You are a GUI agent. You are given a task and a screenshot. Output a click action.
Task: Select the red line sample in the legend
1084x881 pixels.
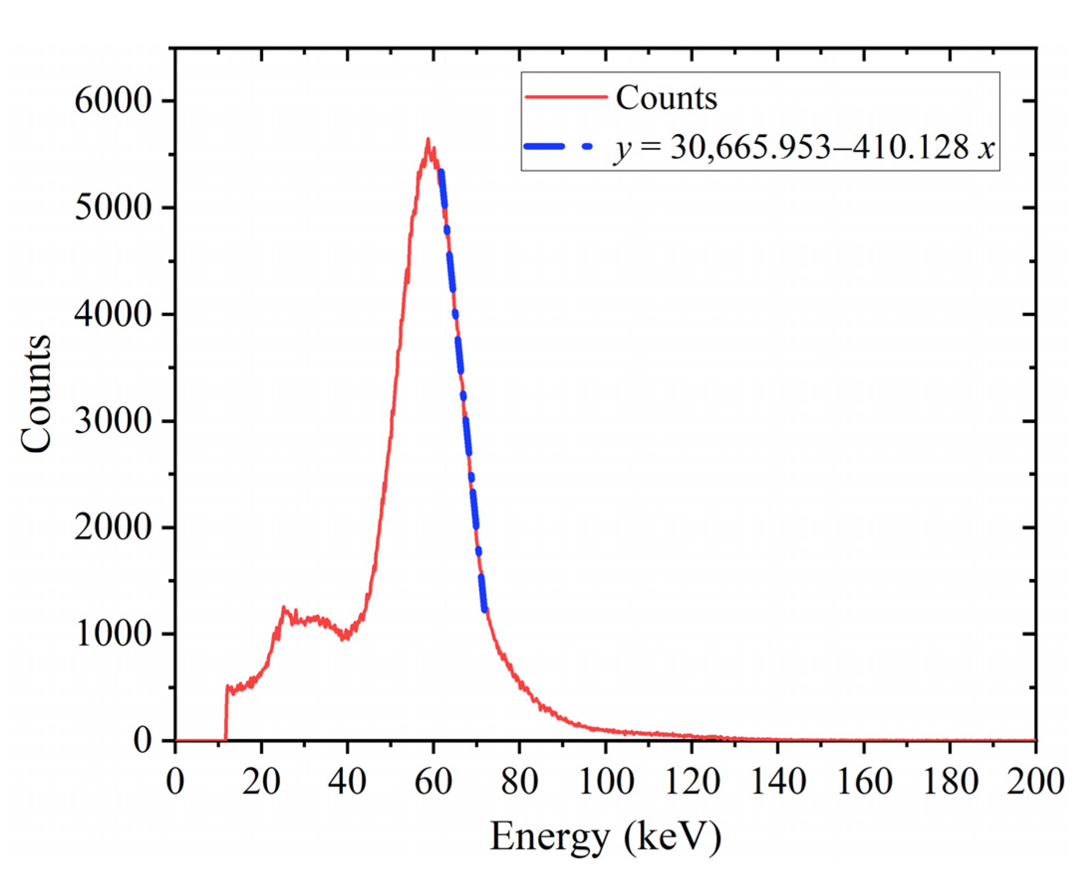coord(566,97)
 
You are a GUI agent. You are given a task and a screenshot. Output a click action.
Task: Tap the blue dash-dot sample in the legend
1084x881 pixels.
coord(557,147)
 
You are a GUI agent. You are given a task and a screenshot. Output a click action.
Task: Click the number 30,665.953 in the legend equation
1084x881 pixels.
coord(751,148)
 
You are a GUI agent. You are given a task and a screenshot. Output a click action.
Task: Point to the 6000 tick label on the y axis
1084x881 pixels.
coord(113,101)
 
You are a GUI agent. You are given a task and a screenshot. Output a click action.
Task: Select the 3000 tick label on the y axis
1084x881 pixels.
coord(113,421)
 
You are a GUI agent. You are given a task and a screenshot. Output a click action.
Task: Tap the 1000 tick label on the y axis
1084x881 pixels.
coord(113,634)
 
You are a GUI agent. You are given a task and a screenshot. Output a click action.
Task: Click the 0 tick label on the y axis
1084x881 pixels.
coord(142,741)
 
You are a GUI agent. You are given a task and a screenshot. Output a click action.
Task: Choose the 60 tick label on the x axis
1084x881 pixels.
coord(433,781)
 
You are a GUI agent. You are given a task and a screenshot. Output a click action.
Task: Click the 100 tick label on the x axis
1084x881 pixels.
coord(606,781)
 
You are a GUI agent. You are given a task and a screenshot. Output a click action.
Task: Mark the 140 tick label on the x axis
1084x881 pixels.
coord(777,781)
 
